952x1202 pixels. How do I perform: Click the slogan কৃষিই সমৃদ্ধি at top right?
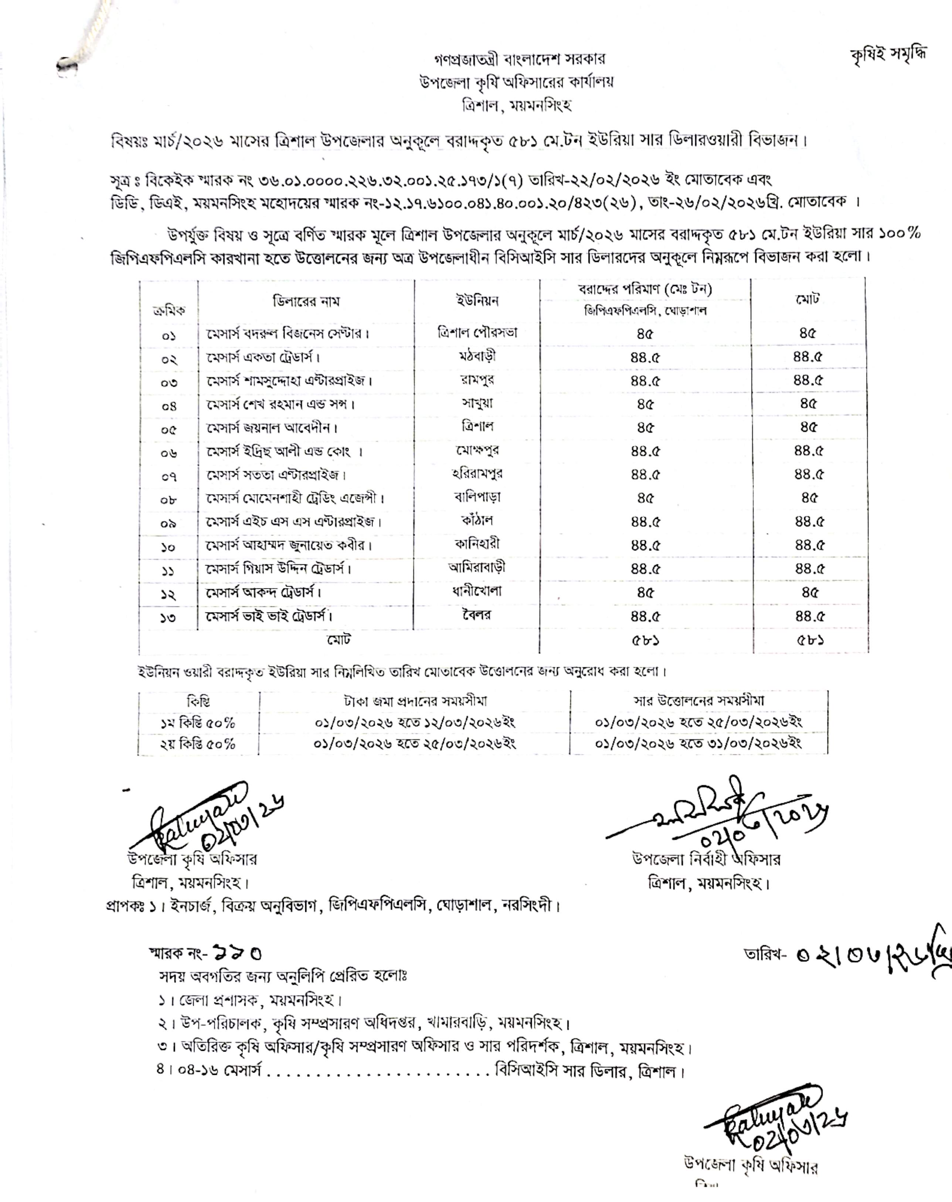tap(888, 55)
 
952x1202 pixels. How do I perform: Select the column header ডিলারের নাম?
tap(306, 302)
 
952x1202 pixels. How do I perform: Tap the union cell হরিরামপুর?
tap(477, 474)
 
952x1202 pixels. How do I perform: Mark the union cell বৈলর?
tap(477, 615)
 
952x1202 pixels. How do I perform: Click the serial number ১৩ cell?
tap(168, 618)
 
